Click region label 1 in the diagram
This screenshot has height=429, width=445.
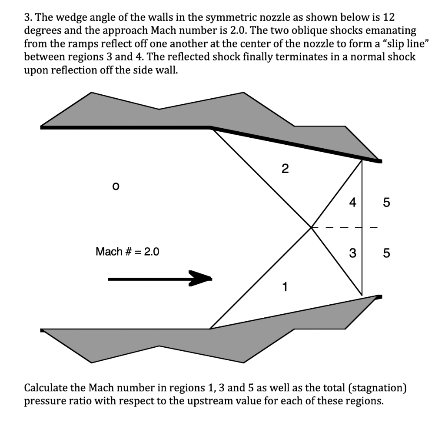point(285,286)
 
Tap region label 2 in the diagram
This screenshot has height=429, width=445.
point(285,169)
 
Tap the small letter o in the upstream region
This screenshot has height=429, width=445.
point(115,186)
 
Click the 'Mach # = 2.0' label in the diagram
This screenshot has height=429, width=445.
point(127,252)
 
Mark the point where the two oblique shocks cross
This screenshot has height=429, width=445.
point(311,227)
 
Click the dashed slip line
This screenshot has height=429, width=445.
point(343,227)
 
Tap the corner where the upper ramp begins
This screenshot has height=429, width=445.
point(211,127)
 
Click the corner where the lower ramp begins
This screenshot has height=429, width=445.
point(210,329)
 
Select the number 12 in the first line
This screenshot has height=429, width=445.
point(389,18)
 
